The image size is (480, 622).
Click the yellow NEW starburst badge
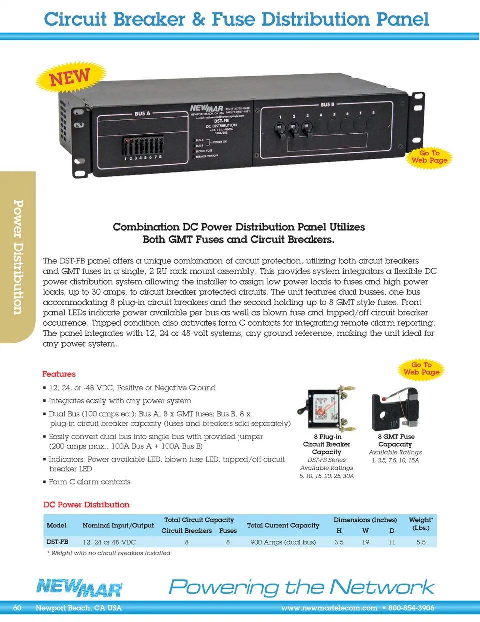pos(70,77)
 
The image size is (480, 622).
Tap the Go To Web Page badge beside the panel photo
pos(429,157)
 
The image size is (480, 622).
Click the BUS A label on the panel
pos(142,114)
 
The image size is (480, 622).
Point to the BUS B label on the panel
pos(327,105)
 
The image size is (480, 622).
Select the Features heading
pos(59,374)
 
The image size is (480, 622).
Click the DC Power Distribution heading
pos(86,505)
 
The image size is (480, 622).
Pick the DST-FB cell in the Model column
pos(57,542)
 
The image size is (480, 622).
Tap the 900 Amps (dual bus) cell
pos(283,542)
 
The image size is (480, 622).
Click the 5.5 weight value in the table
pos(421,542)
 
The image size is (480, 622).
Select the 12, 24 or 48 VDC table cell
pos(109,542)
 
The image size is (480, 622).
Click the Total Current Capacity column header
pos(283,525)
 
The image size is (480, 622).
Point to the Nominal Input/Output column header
pos(118,525)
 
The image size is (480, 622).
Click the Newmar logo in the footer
pos(79,588)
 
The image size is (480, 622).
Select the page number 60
pos(17,608)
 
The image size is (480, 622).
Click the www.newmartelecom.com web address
pos(329,608)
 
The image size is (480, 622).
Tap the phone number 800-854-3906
pos(411,608)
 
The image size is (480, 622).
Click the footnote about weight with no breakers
pos(109,553)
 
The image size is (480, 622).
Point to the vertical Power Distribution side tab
pos(18,257)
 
